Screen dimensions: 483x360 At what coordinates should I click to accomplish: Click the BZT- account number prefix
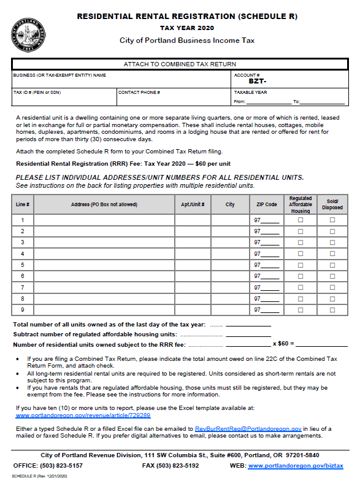coord(257,81)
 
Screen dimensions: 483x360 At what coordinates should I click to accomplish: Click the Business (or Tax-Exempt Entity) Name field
coord(120,80)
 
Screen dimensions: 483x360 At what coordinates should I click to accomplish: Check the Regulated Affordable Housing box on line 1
coord(301,220)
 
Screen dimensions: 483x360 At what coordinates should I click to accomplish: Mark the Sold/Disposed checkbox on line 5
coord(332,265)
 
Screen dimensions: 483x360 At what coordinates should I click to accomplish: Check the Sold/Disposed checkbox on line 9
coord(332,310)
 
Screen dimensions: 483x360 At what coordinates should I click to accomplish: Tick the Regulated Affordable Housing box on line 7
coord(301,287)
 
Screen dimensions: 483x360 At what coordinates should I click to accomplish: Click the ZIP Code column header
coord(267,204)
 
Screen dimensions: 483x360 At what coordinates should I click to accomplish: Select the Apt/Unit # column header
coord(193,204)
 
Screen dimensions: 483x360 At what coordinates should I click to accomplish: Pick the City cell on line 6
coord(230,276)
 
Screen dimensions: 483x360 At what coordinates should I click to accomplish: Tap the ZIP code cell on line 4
coord(267,253)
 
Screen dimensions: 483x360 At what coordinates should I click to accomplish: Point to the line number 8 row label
coord(23,299)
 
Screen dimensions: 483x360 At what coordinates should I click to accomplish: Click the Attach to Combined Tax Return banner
coord(180,64)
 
